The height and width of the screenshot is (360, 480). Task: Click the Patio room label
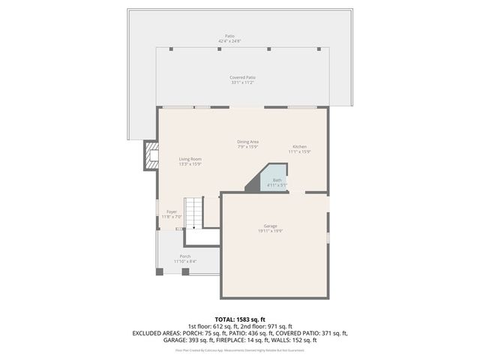(229, 36)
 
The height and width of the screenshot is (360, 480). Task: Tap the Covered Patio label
(242, 77)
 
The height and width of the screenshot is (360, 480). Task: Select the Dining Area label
(248, 142)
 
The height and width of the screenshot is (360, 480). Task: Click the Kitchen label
(299, 146)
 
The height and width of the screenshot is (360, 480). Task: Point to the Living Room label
(190, 159)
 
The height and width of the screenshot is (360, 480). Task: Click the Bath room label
(277, 180)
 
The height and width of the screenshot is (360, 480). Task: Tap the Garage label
(270, 226)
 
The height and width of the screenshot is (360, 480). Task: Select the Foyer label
(172, 212)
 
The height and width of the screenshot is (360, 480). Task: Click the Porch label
(184, 256)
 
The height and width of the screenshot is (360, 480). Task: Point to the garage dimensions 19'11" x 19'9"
(270, 231)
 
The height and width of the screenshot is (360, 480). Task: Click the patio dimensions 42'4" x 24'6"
(229, 41)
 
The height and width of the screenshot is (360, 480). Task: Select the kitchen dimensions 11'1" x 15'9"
(299, 151)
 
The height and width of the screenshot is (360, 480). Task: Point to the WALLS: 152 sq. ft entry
(296, 340)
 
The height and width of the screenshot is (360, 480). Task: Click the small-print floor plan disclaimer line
(240, 349)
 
